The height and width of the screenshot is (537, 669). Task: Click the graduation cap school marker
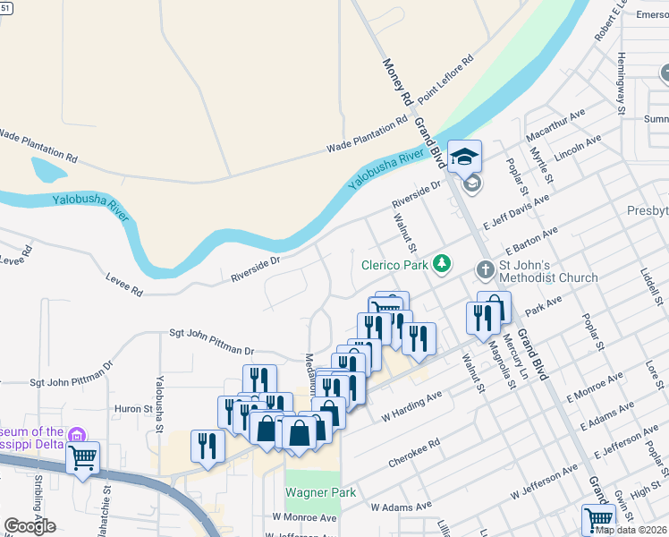(464, 158)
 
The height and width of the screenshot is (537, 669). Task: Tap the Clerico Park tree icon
(441, 264)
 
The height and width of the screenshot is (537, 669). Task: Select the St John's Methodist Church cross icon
(484, 269)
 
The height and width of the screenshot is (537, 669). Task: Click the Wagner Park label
(320, 492)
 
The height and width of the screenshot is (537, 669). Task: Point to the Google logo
(30, 526)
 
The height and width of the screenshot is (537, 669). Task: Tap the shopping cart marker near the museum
(82, 458)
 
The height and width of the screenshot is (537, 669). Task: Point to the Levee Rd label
(124, 285)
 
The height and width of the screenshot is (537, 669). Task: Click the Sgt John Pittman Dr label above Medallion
(212, 341)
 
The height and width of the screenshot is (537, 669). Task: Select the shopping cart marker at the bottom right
(598, 520)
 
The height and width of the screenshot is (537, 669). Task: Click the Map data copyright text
(630, 530)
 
